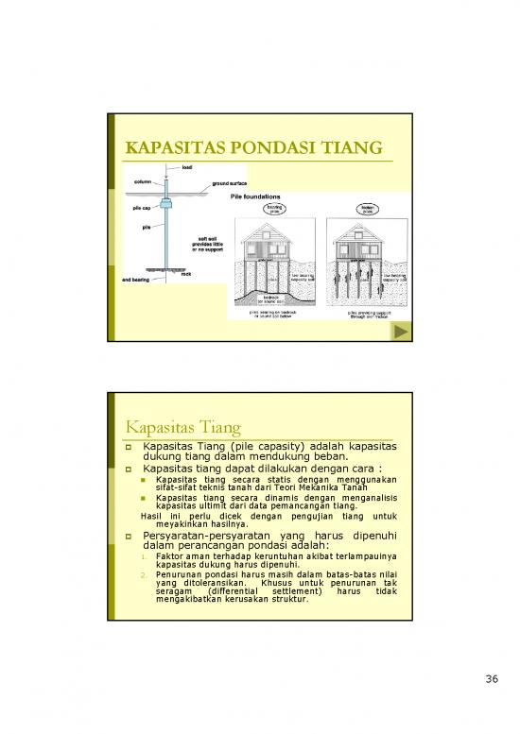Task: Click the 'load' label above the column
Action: tap(188, 168)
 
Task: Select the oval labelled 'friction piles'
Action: tap(365, 210)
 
